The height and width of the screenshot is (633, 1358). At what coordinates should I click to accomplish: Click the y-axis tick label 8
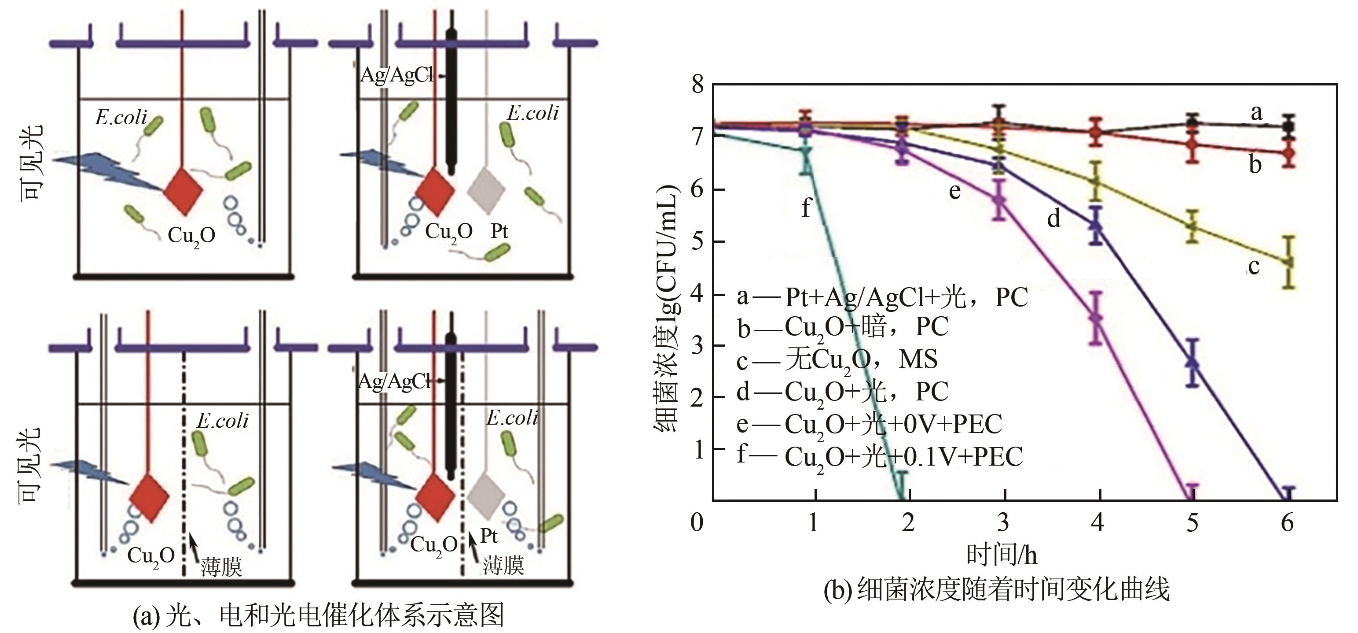(x=697, y=85)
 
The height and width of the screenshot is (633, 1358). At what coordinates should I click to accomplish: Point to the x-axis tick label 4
(x=1097, y=522)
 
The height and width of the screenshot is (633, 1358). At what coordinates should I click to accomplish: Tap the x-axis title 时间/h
(x=1002, y=555)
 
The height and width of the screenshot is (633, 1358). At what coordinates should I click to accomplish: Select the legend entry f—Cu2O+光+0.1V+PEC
(x=879, y=457)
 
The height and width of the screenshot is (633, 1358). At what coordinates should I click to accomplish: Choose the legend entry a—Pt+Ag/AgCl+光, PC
(x=882, y=297)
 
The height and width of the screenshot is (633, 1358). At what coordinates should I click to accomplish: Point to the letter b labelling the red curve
(x=1255, y=165)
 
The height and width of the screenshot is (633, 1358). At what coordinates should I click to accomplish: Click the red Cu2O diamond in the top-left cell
(x=183, y=192)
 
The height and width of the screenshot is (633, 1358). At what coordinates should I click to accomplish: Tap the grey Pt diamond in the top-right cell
(x=486, y=191)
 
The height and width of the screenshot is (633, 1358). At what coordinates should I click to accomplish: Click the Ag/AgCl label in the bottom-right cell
(x=395, y=381)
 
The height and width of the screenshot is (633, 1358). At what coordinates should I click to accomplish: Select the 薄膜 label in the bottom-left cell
(x=221, y=568)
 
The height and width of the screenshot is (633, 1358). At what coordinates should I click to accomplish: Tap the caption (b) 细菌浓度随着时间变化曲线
(x=996, y=589)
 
